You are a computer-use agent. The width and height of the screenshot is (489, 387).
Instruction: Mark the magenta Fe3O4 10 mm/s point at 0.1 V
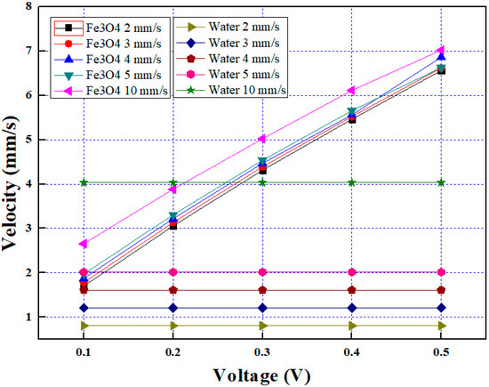tap(84, 243)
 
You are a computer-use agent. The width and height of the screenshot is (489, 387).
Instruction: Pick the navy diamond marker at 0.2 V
tap(172, 308)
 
